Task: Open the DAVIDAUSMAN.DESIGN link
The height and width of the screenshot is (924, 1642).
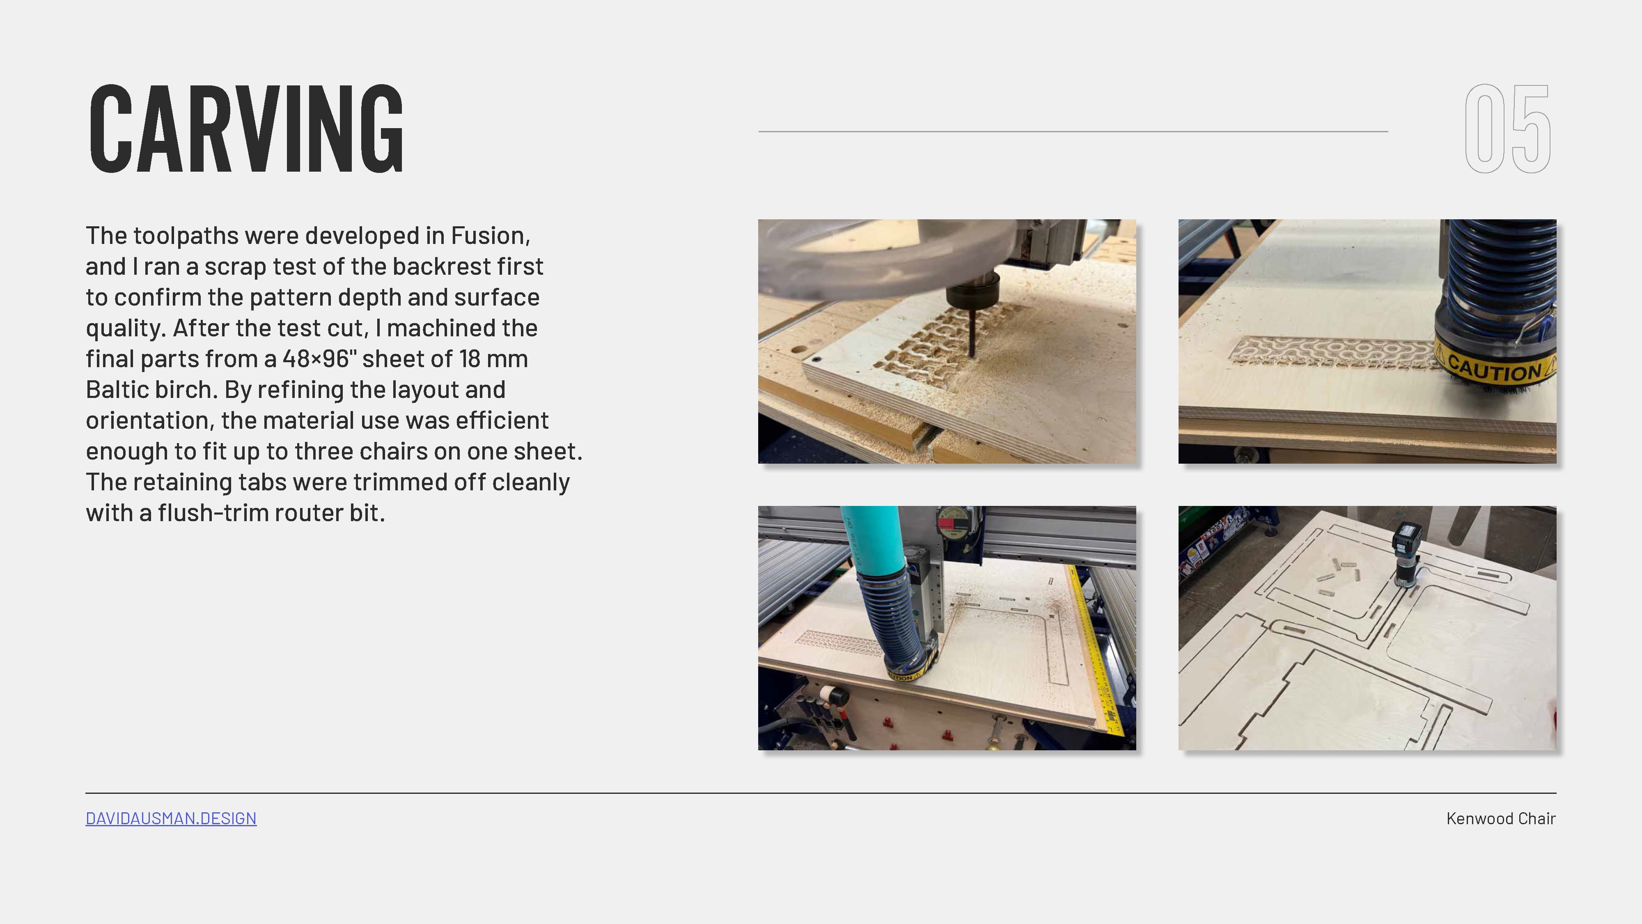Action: [x=171, y=818]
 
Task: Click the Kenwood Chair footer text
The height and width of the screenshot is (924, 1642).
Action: [x=1500, y=818]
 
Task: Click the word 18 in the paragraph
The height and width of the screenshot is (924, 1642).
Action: [x=468, y=359]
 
